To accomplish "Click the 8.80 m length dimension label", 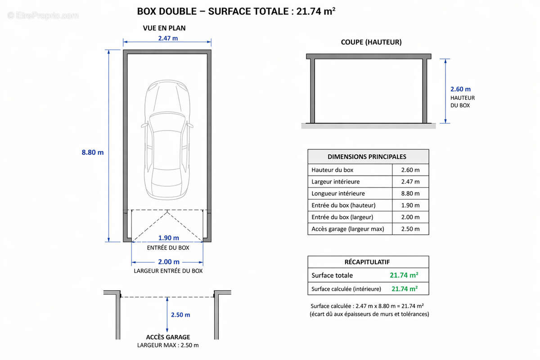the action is (x=93, y=153).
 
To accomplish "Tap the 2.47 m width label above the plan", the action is (x=168, y=38).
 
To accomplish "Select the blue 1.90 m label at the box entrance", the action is (x=168, y=238).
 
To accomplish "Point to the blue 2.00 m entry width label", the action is (x=169, y=261).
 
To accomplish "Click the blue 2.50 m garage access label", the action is (x=180, y=315).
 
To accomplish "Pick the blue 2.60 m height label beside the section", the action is (x=460, y=89).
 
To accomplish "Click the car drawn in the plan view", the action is (x=167, y=140).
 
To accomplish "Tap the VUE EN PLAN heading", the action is (x=164, y=28).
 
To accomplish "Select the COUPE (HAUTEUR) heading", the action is (x=371, y=42).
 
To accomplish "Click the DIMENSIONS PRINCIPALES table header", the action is (x=367, y=157).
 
